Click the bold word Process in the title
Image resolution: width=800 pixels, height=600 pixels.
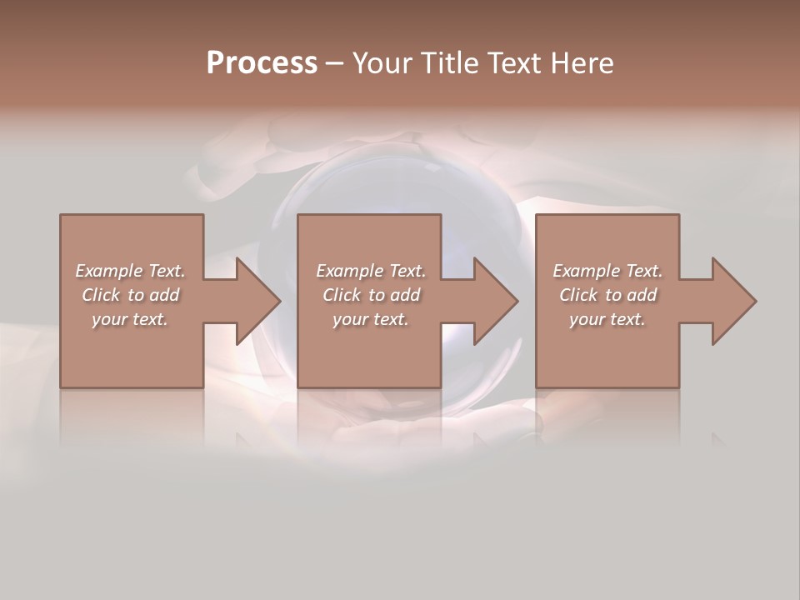262,63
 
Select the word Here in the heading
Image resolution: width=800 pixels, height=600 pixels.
583,63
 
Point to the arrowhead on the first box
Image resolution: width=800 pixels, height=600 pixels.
258,301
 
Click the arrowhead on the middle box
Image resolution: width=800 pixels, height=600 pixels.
497,301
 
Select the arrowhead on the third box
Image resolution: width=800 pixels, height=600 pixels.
734,301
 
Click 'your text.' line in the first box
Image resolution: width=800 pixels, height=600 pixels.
130,319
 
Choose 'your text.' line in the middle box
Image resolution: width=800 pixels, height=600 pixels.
370,319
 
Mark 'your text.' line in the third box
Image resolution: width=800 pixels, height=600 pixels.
607,319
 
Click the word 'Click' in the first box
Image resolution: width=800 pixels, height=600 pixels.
100,295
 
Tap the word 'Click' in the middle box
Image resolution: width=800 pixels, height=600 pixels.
341,295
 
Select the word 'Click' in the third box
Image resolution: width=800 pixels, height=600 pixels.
578,295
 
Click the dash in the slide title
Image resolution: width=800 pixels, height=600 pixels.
335,63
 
